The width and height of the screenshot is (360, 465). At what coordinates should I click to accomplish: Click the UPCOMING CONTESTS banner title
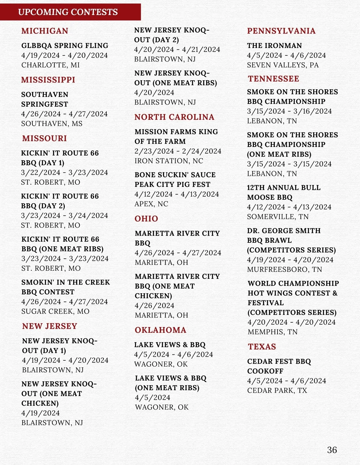point(68,12)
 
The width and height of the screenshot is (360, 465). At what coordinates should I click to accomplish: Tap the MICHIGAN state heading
point(45,31)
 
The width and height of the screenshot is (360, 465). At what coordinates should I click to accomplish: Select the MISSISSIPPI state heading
point(48,80)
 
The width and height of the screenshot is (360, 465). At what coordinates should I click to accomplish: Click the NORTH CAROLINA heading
point(174,117)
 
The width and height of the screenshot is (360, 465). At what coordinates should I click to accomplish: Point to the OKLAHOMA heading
point(160,330)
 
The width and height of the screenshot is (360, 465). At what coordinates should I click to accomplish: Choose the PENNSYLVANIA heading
point(281,31)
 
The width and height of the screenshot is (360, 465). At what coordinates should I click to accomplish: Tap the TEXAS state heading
point(262,347)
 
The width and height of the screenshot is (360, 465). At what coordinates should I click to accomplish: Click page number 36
point(332,450)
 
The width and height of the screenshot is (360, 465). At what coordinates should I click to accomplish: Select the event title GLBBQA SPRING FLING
point(65,46)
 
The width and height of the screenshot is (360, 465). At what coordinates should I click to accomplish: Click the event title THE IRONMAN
point(274,46)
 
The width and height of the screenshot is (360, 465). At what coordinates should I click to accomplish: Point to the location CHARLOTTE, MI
point(50,65)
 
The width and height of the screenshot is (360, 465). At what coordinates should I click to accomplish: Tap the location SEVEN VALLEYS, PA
point(283,65)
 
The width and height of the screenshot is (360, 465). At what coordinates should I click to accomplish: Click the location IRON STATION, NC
point(169,161)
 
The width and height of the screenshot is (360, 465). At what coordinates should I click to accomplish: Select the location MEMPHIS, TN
point(272,332)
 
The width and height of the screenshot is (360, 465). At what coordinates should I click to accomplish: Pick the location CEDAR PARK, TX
point(277,391)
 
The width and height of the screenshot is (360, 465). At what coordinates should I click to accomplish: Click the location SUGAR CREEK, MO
point(55,311)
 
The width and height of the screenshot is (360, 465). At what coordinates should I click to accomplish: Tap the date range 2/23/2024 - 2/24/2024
point(178,151)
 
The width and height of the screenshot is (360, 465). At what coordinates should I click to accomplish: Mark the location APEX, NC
point(151,204)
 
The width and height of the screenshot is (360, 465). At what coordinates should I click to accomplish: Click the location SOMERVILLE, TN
point(277,217)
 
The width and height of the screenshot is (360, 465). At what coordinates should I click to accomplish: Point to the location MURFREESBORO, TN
point(284,270)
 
